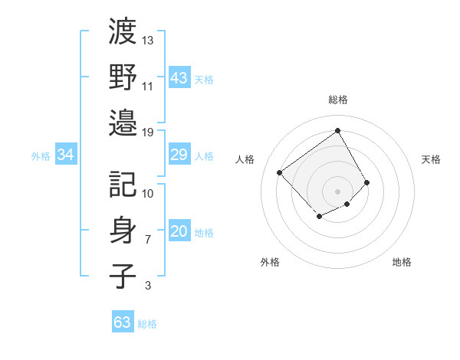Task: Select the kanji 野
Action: pos(123,77)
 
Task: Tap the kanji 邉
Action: pos(123,123)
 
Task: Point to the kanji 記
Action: pos(123,184)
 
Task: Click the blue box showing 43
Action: pos(179,77)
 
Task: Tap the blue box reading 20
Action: pos(179,232)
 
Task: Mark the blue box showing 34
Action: pos(66,155)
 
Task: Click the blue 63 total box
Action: pos(123,322)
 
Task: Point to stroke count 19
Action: pos(148,133)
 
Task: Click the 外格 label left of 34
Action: pos(41,156)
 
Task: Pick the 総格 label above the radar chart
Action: pos(338,100)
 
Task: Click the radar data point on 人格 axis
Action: pos(280,172)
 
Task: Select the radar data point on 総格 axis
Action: pos(337,130)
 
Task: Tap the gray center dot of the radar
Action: pos(337,190)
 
